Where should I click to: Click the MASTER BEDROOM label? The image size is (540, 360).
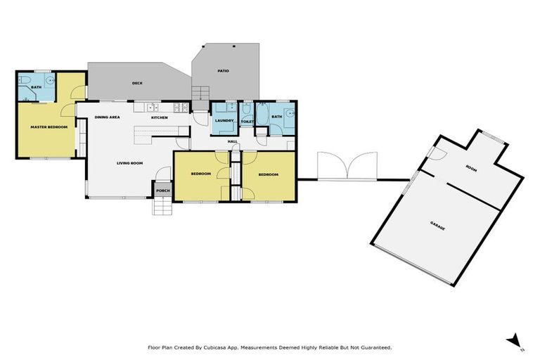click(x=49, y=127)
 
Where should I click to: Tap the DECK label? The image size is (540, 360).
click(x=137, y=84)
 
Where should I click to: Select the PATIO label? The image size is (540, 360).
click(x=223, y=71)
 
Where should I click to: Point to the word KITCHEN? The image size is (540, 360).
click(x=160, y=117)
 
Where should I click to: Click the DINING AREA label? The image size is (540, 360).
click(x=106, y=117)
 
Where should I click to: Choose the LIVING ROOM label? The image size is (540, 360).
click(x=130, y=163)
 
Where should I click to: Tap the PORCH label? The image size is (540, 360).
click(x=162, y=191)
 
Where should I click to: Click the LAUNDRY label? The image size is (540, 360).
click(x=224, y=121)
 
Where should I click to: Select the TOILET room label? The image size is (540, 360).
click(x=247, y=122)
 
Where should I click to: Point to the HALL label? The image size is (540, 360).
click(x=233, y=141)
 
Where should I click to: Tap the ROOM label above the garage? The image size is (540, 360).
click(x=472, y=168)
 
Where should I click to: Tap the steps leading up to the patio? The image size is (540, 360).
click(x=201, y=93)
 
